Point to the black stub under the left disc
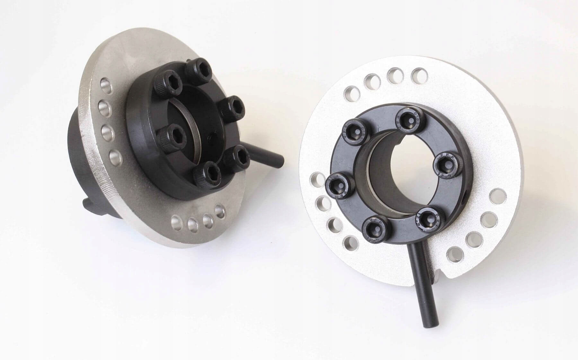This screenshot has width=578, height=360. (x=92, y=204)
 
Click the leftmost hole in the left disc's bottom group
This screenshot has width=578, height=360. (x=176, y=221)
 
